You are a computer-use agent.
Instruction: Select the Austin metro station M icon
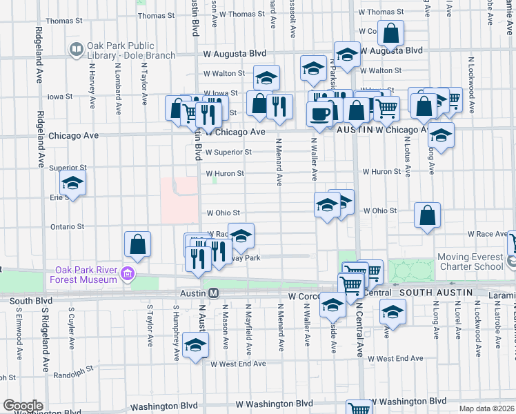(214, 293)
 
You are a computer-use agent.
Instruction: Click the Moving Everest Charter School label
(470, 262)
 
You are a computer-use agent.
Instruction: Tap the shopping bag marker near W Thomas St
(390, 34)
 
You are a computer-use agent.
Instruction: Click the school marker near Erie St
(72, 184)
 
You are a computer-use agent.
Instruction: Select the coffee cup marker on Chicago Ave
(320, 113)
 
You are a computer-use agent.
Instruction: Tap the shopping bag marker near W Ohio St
(428, 215)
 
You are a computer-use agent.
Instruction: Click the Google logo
(23, 406)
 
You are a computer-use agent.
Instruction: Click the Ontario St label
(67, 226)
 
